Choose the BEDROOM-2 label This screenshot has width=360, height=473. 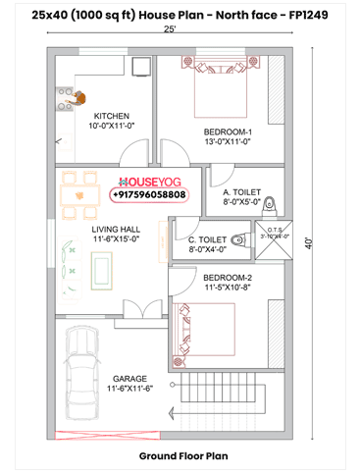coord(227,283)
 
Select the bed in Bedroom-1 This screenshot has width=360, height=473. coord(223,89)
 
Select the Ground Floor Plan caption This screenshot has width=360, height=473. coord(182,456)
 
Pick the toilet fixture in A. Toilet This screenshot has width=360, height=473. coord(274,199)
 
